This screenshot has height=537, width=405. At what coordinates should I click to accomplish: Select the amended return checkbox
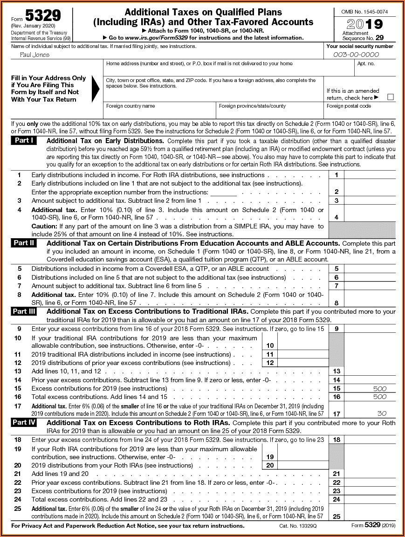click(x=391, y=97)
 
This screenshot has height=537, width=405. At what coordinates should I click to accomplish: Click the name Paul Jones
click(x=34, y=55)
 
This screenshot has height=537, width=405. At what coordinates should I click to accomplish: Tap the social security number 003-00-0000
click(x=356, y=55)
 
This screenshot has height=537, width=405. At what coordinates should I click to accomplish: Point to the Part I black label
click(x=23, y=140)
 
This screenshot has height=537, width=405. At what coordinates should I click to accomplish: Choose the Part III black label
click(x=24, y=311)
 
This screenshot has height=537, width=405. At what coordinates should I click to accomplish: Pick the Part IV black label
click(x=24, y=422)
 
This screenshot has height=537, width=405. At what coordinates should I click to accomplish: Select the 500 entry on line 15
click(x=380, y=388)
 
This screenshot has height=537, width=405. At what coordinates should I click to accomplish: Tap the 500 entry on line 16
click(x=380, y=397)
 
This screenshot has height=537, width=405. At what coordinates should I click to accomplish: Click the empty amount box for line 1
click(x=370, y=175)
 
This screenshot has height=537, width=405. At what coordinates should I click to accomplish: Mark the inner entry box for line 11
click(x=302, y=354)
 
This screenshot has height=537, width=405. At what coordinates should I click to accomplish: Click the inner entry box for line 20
click(x=302, y=465)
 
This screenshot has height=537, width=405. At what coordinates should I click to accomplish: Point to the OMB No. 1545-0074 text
click(x=364, y=11)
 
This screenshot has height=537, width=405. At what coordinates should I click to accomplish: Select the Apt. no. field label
click(x=366, y=64)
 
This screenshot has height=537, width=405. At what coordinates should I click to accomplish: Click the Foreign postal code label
click(x=349, y=106)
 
